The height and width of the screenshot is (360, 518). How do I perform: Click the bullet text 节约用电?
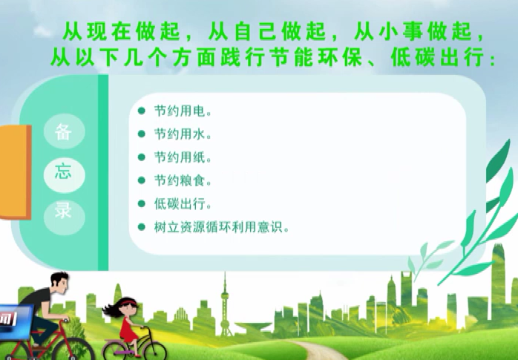click(183, 111)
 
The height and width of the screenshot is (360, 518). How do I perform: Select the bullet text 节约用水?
click(183, 134)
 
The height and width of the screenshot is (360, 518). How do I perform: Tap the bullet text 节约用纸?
click(183, 157)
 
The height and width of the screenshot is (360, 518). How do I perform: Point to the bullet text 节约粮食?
click(183, 180)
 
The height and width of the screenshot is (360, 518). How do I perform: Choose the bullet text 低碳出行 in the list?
click(183, 204)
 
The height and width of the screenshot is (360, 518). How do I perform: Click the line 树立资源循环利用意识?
click(221, 227)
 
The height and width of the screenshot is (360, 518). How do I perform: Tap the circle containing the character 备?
click(64, 131)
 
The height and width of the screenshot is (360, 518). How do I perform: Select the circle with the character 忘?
click(64, 175)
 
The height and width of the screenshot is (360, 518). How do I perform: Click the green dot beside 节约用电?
click(142, 111)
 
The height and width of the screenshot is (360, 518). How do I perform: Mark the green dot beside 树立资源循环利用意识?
click(142, 227)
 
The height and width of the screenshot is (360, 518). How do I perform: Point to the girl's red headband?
click(127, 301)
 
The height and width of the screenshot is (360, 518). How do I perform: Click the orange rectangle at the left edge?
click(15, 172)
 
